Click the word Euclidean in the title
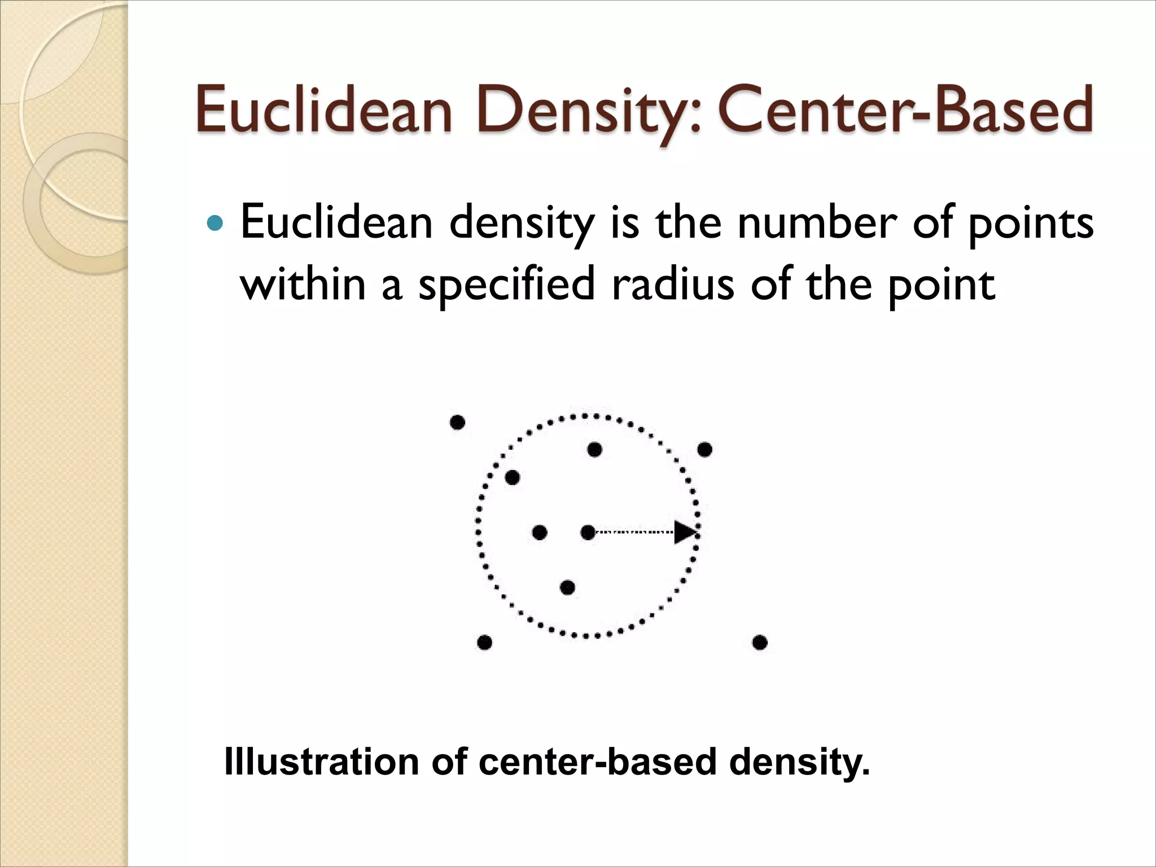coord(325,111)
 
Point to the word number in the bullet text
coord(817,222)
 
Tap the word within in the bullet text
coord(303,284)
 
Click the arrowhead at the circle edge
coord(685,532)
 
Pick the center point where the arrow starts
coord(588,532)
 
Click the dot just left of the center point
coord(540,532)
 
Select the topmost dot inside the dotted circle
coord(594,450)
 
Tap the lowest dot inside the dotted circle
coord(567,588)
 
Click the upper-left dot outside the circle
coord(457,422)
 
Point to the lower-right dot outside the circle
coord(760,642)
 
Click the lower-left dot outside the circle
coord(484,642)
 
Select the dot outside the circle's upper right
coord(704,450)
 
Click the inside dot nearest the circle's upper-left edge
coord(512,478)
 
